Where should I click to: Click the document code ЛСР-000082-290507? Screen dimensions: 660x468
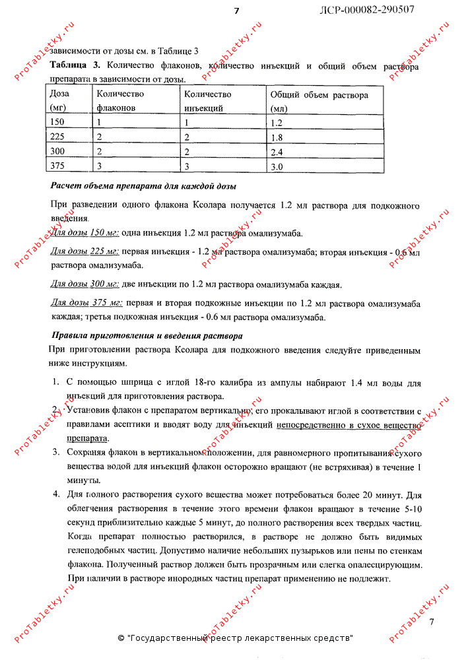(367, 10)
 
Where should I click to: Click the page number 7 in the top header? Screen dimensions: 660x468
(236, 11)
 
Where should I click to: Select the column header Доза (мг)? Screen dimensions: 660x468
(60, 100)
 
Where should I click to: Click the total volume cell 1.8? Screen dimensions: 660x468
(277, 137)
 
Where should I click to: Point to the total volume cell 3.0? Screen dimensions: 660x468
(277, 167)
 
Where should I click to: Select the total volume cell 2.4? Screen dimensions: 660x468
(277, 152)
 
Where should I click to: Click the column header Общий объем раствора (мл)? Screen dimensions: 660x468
(319, 101)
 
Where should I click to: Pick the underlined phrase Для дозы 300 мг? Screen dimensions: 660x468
(84, 284)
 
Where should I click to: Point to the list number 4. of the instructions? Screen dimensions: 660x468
(55, 494)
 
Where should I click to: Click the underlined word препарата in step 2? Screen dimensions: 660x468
(88, 438)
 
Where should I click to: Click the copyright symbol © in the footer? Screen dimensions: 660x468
(121, 638)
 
